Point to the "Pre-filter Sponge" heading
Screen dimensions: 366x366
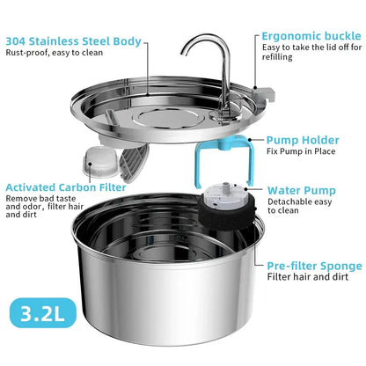[314, 265]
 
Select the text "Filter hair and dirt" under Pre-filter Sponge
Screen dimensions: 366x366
[307, 277]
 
